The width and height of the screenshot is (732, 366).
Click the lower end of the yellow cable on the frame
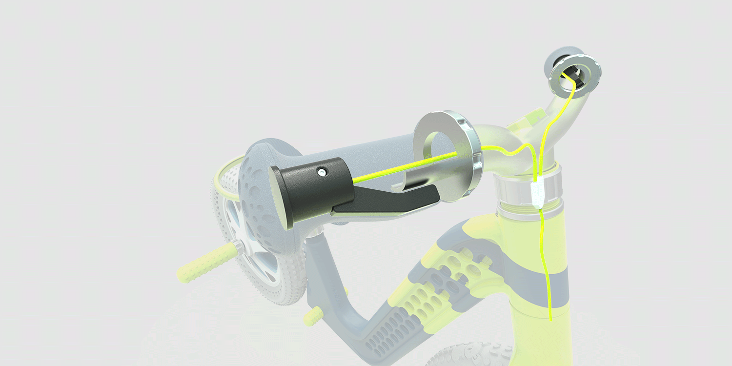(550, 317)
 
